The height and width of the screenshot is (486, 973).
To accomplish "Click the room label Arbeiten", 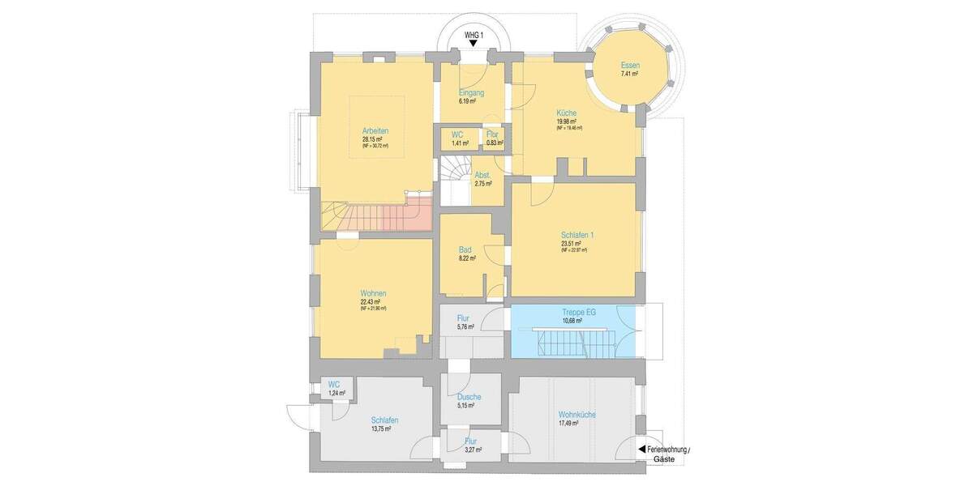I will pos(374,130).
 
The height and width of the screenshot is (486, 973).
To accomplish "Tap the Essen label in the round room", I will pos(629,65).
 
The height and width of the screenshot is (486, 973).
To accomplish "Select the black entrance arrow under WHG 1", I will pos(474,46).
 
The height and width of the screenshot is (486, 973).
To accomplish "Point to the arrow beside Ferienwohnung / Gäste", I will pos(641,449).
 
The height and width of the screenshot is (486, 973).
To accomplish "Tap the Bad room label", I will pos(465,249).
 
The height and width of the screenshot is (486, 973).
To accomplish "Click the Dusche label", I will pos(469,397).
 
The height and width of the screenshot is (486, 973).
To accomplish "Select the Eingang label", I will pos(471,92).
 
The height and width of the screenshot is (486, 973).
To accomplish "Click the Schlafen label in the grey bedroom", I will pos(384,420).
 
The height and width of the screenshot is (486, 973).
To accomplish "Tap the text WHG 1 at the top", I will pos(474,35).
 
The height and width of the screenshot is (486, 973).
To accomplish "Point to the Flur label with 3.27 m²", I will pos(470,441).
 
